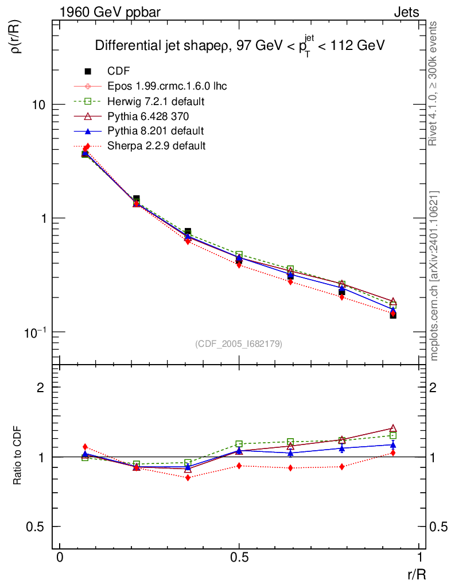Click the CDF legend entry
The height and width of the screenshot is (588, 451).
click(x=119, y=71)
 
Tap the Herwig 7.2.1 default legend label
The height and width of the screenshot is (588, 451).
click(x=156, y=101)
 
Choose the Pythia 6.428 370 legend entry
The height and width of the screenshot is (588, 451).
click(x=148, y=116)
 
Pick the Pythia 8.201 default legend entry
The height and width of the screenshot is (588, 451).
click(x=155, y=130)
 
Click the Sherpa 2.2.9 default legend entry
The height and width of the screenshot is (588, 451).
click(x=156, y=145)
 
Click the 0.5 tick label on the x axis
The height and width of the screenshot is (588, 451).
click(x=239, y=559)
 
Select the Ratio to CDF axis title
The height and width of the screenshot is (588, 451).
click(x=18, y=457)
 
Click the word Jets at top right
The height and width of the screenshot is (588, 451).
click(x=406, y=12)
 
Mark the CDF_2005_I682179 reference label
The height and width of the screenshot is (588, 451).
click(x=239, y=343)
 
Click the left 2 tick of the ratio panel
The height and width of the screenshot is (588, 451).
click(x=41, y=388)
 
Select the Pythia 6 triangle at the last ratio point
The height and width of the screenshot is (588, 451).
click(x=393, y=428)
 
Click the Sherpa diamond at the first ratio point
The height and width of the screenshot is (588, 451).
click(x=85, y=447)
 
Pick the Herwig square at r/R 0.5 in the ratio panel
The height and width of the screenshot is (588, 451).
click(x=239, y=444)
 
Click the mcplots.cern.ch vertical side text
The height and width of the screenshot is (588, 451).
click(x=435, y=276)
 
